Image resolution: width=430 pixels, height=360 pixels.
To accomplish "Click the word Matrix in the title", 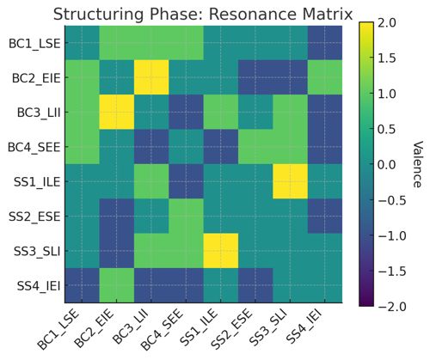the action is click(320, 15).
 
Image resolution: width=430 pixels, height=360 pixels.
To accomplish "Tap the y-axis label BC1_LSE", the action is click(34, 44).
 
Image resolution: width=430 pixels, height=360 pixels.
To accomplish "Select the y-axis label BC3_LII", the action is click(39, 113).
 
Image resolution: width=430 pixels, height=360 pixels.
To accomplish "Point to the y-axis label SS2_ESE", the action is click(34, 217).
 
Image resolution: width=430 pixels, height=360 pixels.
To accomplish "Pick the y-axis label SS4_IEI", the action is click(39, 286).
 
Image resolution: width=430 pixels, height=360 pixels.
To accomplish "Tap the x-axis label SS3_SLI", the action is click(268, 326).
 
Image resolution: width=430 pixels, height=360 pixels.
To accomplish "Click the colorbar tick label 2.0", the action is click(387, 23).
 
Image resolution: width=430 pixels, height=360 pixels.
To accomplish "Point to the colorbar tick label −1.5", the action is click(391, 272).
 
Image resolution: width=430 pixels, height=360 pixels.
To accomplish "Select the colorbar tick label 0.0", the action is click(387, 165).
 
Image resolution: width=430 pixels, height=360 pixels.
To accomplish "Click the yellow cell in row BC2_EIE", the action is click(151, 77).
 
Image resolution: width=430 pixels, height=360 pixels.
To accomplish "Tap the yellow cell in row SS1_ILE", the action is click(290, 181).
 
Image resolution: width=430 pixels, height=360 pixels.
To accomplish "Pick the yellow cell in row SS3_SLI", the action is click(221, 251).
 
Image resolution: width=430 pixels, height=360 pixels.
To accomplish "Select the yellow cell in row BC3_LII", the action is click(117, 113).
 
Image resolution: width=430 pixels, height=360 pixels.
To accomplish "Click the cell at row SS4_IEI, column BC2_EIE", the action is click(117, 285).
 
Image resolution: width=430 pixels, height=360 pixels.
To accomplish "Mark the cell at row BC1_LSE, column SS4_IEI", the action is click(325, 43).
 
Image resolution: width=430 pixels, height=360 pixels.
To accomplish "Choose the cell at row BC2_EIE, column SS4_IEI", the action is click(325, 77).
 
